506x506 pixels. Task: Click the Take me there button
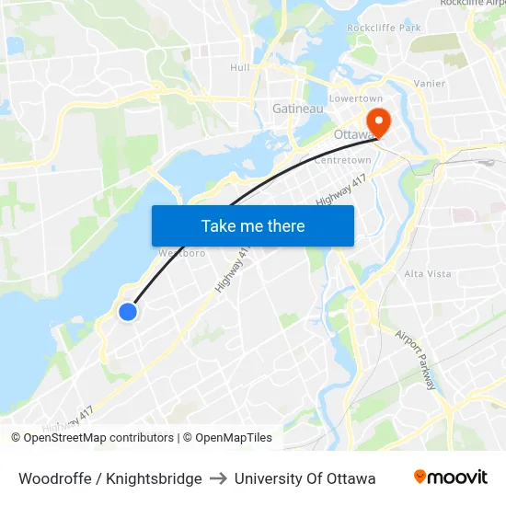click(x=253, y=225)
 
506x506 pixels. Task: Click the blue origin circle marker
click(x=128, y=312)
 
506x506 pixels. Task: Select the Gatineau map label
click(x=297, y=109)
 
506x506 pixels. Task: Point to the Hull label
click(x=239, y=67)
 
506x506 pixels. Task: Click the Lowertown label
click(x=356, y=98)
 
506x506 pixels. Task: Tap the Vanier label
click(x=430, y=84)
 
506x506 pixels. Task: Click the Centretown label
click(x=342, y=160)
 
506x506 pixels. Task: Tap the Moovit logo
click(x=450, y=477)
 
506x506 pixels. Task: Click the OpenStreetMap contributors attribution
click(x=93, y=438)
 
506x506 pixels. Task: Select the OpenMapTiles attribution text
click(x=227, y=438)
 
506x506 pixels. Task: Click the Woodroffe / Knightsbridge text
click(x=110, y=478)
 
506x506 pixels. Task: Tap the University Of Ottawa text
click(x=305, y=478)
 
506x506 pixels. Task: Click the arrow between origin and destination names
click(x=218, y=478)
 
